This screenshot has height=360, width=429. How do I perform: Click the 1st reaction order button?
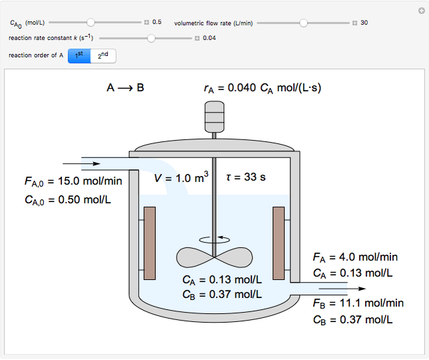[x=79, y=55]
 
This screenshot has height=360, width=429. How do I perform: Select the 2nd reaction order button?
[x=103, y=55]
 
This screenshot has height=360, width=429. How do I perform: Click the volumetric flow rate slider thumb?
[x=304, y=23]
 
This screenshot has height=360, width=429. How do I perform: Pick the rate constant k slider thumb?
[x=151, y=38]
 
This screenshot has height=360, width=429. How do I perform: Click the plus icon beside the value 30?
[x=355, y=23]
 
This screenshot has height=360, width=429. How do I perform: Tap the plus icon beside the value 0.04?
[x=197, y=38]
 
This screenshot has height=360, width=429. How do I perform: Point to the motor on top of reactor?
[x=214, y=117]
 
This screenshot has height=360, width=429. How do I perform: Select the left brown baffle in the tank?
[x=149, y=243]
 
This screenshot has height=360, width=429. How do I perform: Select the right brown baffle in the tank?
[x=279, y=243]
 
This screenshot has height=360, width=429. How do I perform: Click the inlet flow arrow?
[x=87, y=163]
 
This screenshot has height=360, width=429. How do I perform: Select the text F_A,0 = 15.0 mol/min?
[x=73, y=181]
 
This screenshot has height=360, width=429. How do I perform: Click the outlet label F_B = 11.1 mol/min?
[x=358, y=303]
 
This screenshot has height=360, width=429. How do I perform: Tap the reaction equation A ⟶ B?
[x=125, y=87]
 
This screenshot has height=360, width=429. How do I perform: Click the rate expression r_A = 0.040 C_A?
[x=262, y=87]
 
